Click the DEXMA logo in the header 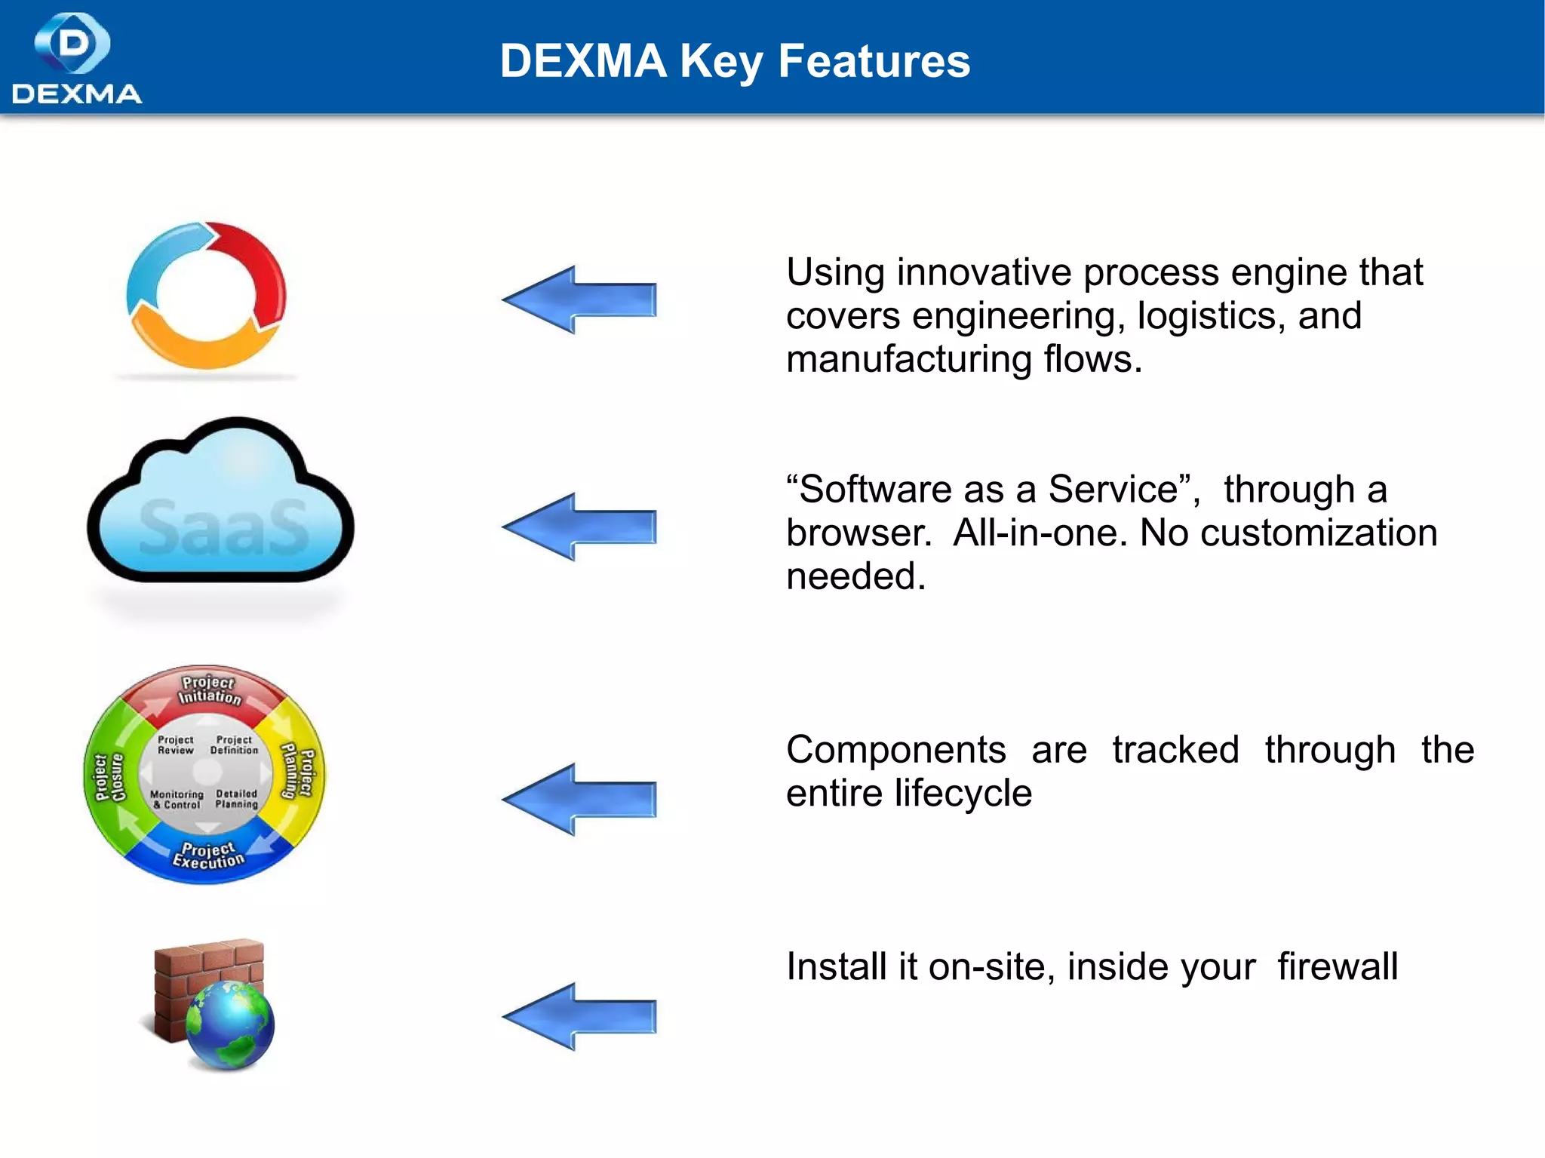[75, 58]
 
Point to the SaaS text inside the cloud [224, 527]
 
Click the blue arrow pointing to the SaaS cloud [579, 527]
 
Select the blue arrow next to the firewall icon [579, 1016]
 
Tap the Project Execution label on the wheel [208, 855]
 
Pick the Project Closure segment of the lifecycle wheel [108, 777]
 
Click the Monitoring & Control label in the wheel [177, 800]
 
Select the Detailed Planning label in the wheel [237, 799]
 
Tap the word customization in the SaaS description [1319, 533]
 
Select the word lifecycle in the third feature [962, 793]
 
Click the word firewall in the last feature [1338, 966]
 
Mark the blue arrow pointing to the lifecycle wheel [579, 799]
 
